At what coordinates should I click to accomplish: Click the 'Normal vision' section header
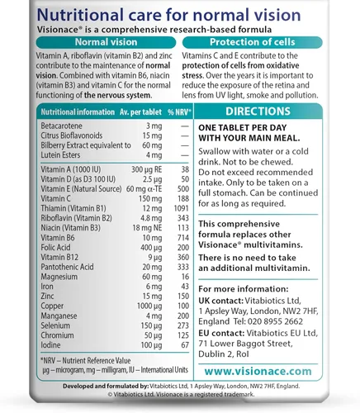coord(90,41)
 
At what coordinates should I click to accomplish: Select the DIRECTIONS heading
coord(270,110)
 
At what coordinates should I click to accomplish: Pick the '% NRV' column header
coord(169,112)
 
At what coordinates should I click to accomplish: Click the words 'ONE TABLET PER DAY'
coord(249,127)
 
